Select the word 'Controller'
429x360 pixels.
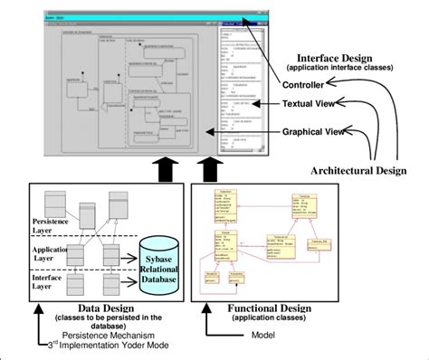(308, 84)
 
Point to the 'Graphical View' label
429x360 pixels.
(315, 132)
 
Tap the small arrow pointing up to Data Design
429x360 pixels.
(36, 317)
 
